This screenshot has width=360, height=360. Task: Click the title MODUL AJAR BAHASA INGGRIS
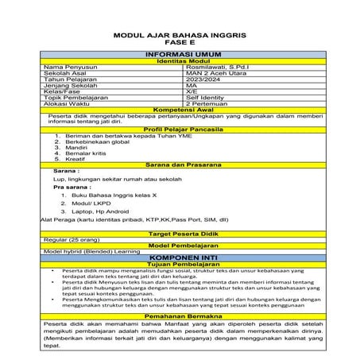coord(180,37)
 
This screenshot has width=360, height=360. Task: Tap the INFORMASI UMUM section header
coord(180,53)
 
